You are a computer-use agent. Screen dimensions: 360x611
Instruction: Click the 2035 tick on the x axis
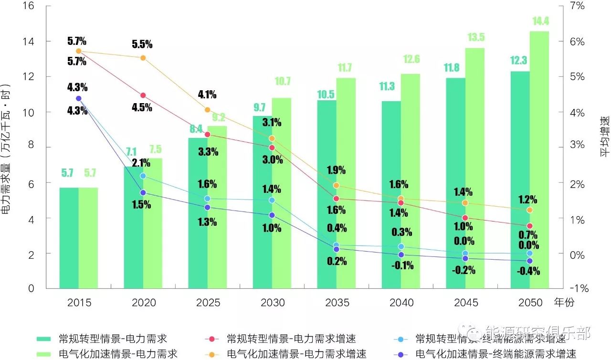tap(337, 303)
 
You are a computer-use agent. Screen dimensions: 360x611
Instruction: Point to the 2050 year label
tap(530, 303)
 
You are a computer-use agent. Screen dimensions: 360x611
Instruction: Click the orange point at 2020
tap(143, 58)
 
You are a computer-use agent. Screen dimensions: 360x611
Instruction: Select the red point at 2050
tap(529, 226)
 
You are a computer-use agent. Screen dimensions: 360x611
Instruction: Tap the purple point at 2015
tap(79, 98)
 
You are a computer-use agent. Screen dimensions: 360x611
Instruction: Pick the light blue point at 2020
tap(143, 176)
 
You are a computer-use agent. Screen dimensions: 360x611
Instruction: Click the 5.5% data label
tap(142, 44)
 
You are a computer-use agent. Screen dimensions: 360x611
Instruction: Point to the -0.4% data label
tap(529, 271)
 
